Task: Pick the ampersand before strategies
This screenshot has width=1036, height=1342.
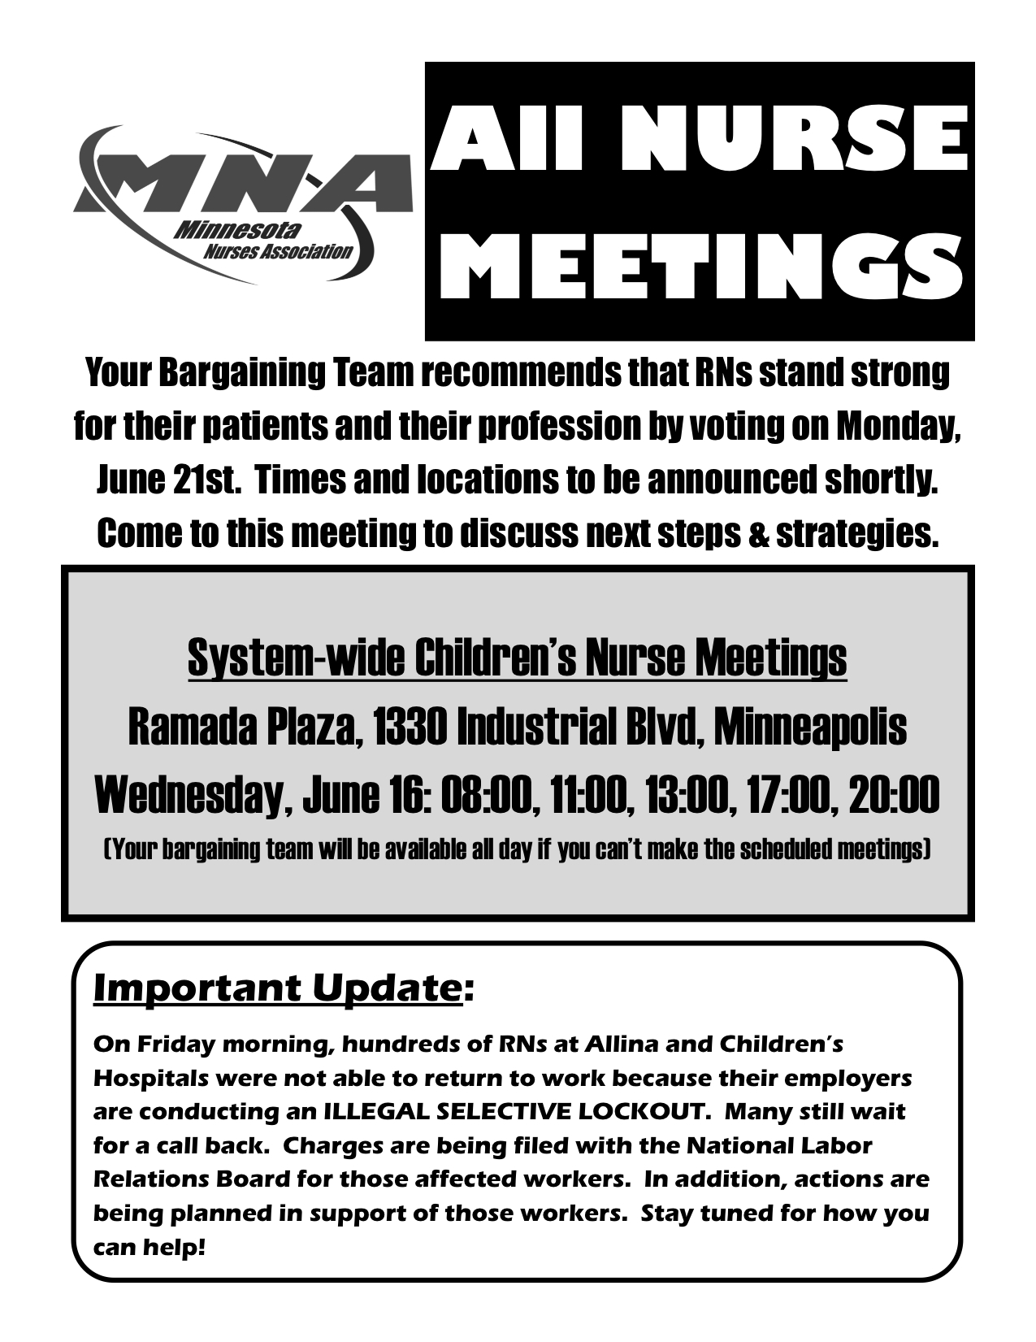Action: [x=760, y=534]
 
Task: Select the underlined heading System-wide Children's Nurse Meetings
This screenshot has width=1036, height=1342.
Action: [x=517, y=658]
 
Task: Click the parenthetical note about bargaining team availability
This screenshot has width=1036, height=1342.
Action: [x=517, y=849]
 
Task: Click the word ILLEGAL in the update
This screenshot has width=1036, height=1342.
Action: [x=373, y=1111]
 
